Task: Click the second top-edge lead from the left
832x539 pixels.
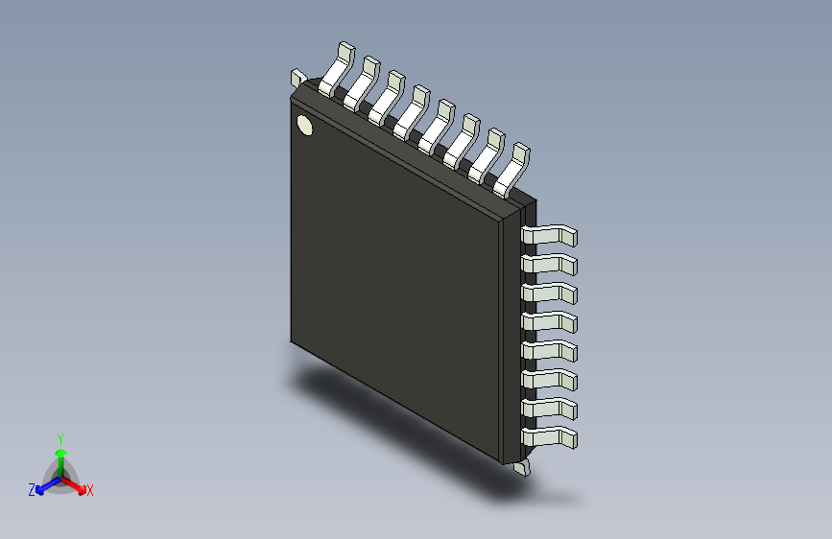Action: click(x=362, y=84)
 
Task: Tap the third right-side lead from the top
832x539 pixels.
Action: click(x=550, y=293)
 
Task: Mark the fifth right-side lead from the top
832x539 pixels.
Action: click(x=550, y=351)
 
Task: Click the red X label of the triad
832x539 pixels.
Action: click(x=90, y=490)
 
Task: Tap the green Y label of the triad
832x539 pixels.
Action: click(x=59, y=437)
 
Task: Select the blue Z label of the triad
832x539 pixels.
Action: click(x=31, y=490)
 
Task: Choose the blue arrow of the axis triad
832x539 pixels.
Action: click(x=44, y=485)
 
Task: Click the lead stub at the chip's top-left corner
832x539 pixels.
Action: click(x=297, y=77)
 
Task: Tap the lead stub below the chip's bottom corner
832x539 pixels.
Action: click(x=521, y=468)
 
